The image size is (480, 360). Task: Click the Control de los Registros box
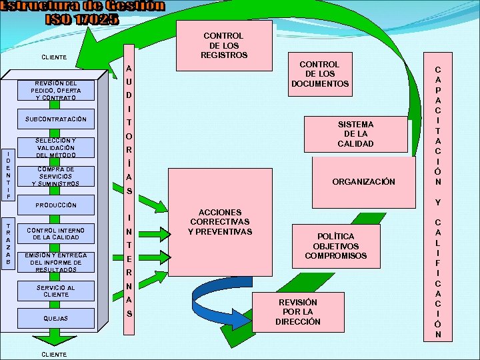click(x=223, y=45)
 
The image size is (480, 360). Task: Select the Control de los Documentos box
click(x=319, y=74)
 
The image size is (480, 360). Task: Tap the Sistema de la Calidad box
click(x=355, y=134)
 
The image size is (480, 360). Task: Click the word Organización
click(x=363, y=181)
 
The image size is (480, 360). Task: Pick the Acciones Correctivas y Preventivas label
click(x=220, y=222)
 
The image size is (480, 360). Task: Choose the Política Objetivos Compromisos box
click(x=335, y=246)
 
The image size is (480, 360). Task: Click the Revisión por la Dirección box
click(x=297, y=312)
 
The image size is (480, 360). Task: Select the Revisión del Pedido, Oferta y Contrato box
click(x=56, y=90)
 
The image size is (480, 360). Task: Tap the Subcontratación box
click(x=56, y=119)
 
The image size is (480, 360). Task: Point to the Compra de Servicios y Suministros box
click(x=56, y=176)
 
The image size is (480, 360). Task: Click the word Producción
click(x=56, y=205)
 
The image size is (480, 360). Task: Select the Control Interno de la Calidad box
click(x=56, y=233)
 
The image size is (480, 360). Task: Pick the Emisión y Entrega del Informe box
click(x=56, y=263)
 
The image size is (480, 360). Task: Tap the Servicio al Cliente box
click(x=56, y=291)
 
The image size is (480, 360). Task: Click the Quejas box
click(x=56, y=319)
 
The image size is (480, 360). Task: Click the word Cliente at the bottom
click(x=53, y=354)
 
